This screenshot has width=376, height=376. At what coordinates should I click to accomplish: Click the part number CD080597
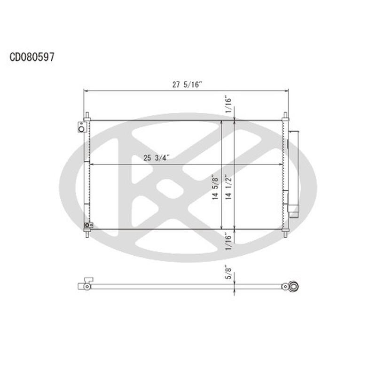pyautogui.click(x=32, y=57)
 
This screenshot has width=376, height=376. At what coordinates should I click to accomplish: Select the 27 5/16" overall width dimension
pyautogui.click(x=187, y=85)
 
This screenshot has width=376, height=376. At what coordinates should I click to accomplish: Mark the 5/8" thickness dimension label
pyautogui.click(x=228, y=273)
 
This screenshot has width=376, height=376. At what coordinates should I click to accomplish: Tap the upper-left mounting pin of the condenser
pyautogui.click(x=87, y=116)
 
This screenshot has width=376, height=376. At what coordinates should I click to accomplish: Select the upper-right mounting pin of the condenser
pyautogui.click(x=285, y=116)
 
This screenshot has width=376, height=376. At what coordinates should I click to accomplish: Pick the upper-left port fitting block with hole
pyautogui.click(x=82, y=127)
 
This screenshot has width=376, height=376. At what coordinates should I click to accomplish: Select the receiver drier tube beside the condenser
pyautogui.click(x=294, y=169)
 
